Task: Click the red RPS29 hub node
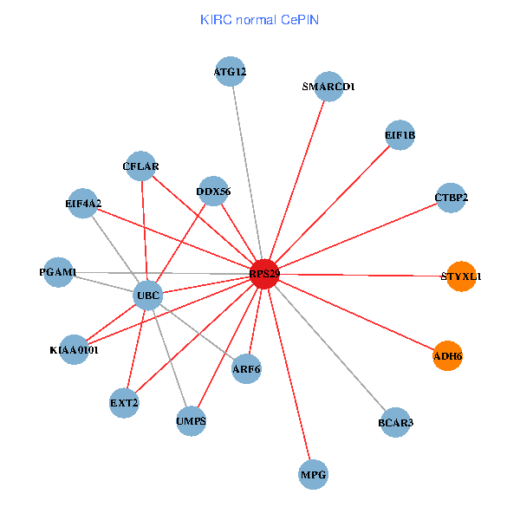tap(264, 274)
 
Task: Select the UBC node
tap(147, 296)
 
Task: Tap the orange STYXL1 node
tap(462, 276)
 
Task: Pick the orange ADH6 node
tap(448, 355)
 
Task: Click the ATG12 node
tap(231, 72)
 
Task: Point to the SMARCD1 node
tap(329, 87)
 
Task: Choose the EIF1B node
tap(400, 134)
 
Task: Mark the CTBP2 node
tap(451, 198)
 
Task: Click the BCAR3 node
tap(395, 422)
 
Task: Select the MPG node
tap(313, 475)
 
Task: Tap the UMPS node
tap(191, 421)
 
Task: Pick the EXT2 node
tap(124, 403)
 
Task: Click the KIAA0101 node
tap(75, 350)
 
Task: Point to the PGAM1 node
tap(58, 272)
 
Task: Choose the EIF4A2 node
tap(82, 204)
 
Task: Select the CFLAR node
tap(140, 166)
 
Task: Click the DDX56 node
tap(213, 191)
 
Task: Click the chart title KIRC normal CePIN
tap(259, 19)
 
